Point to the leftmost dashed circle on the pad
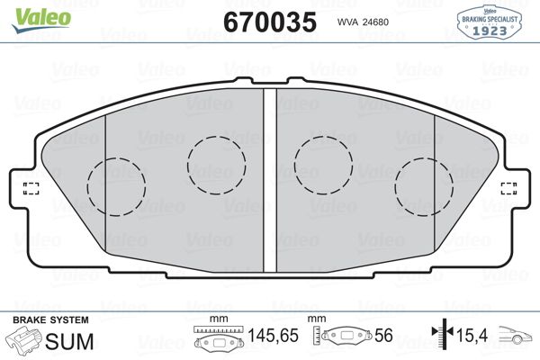(117, 187)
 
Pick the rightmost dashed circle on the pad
(424, 187)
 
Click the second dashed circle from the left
(216, 164)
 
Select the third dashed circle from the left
(324, 164)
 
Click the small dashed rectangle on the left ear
(31, 187)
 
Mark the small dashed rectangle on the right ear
(509, 187)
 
